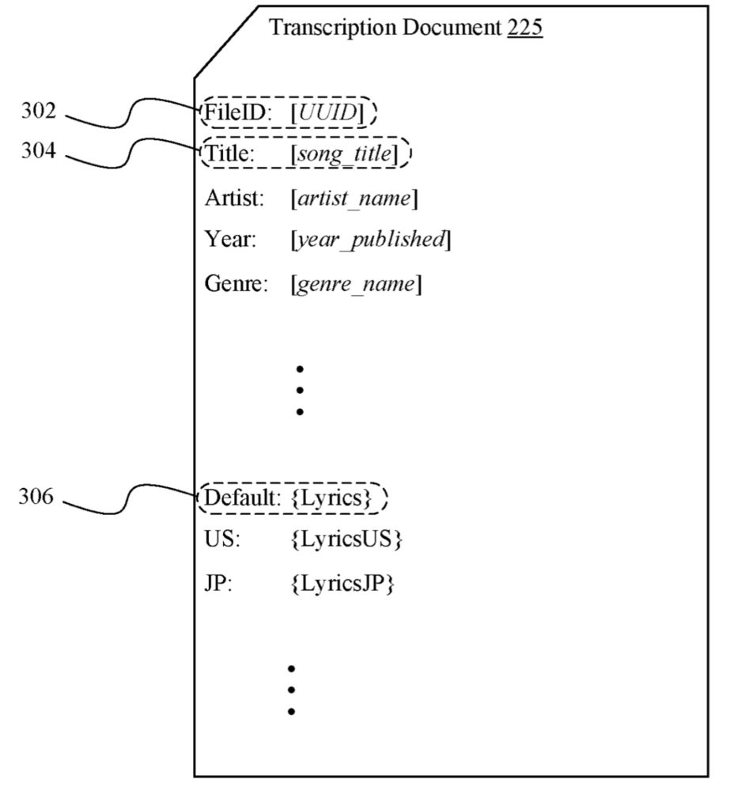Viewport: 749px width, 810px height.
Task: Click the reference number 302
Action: pyautogui.click(x=38, y=112)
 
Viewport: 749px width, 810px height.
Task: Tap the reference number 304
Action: pyautogui.click(x=38, y=151)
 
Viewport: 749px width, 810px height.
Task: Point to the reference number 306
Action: pyautogui.click(x=36, y=498)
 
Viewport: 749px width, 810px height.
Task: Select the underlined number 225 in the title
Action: pyautogui.click(x=524, y=28)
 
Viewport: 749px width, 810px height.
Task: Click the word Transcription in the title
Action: pyautogui.click(x=332, y=28)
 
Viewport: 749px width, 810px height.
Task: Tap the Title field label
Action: pyautogui.click(x=229, y=154)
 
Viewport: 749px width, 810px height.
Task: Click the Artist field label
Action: pyautogui.click(x=234, y=198)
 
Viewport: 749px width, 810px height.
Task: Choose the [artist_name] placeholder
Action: pyautogui.click(x=354, y=198)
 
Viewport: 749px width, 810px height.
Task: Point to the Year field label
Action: pyautogui.click(x=230, y=240)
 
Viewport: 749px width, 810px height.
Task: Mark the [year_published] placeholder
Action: pyautogui.click(x=370, y=240)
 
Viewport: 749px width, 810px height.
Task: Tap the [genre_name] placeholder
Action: pyautogui.click(x=356, y=283)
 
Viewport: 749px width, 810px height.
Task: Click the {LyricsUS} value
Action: pyautogui.click(x=347, y=540)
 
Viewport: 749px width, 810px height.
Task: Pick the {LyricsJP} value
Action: pyautogui.click(x=343, y=585)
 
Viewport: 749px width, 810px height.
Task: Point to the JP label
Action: pyautogui.click(x=218, y=585)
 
